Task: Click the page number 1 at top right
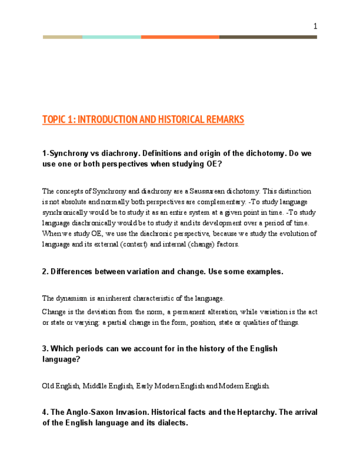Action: click(x=315, y=26)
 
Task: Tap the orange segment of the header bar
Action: click(x=180, y=37)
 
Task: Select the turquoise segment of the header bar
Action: click(x=112, y=37)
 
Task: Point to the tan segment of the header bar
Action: click(x=63, y=37)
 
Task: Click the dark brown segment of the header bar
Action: click(x=268, y=37)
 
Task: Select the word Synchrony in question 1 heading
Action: click(x=69, y=153)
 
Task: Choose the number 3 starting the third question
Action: click(x=44, y=348)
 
